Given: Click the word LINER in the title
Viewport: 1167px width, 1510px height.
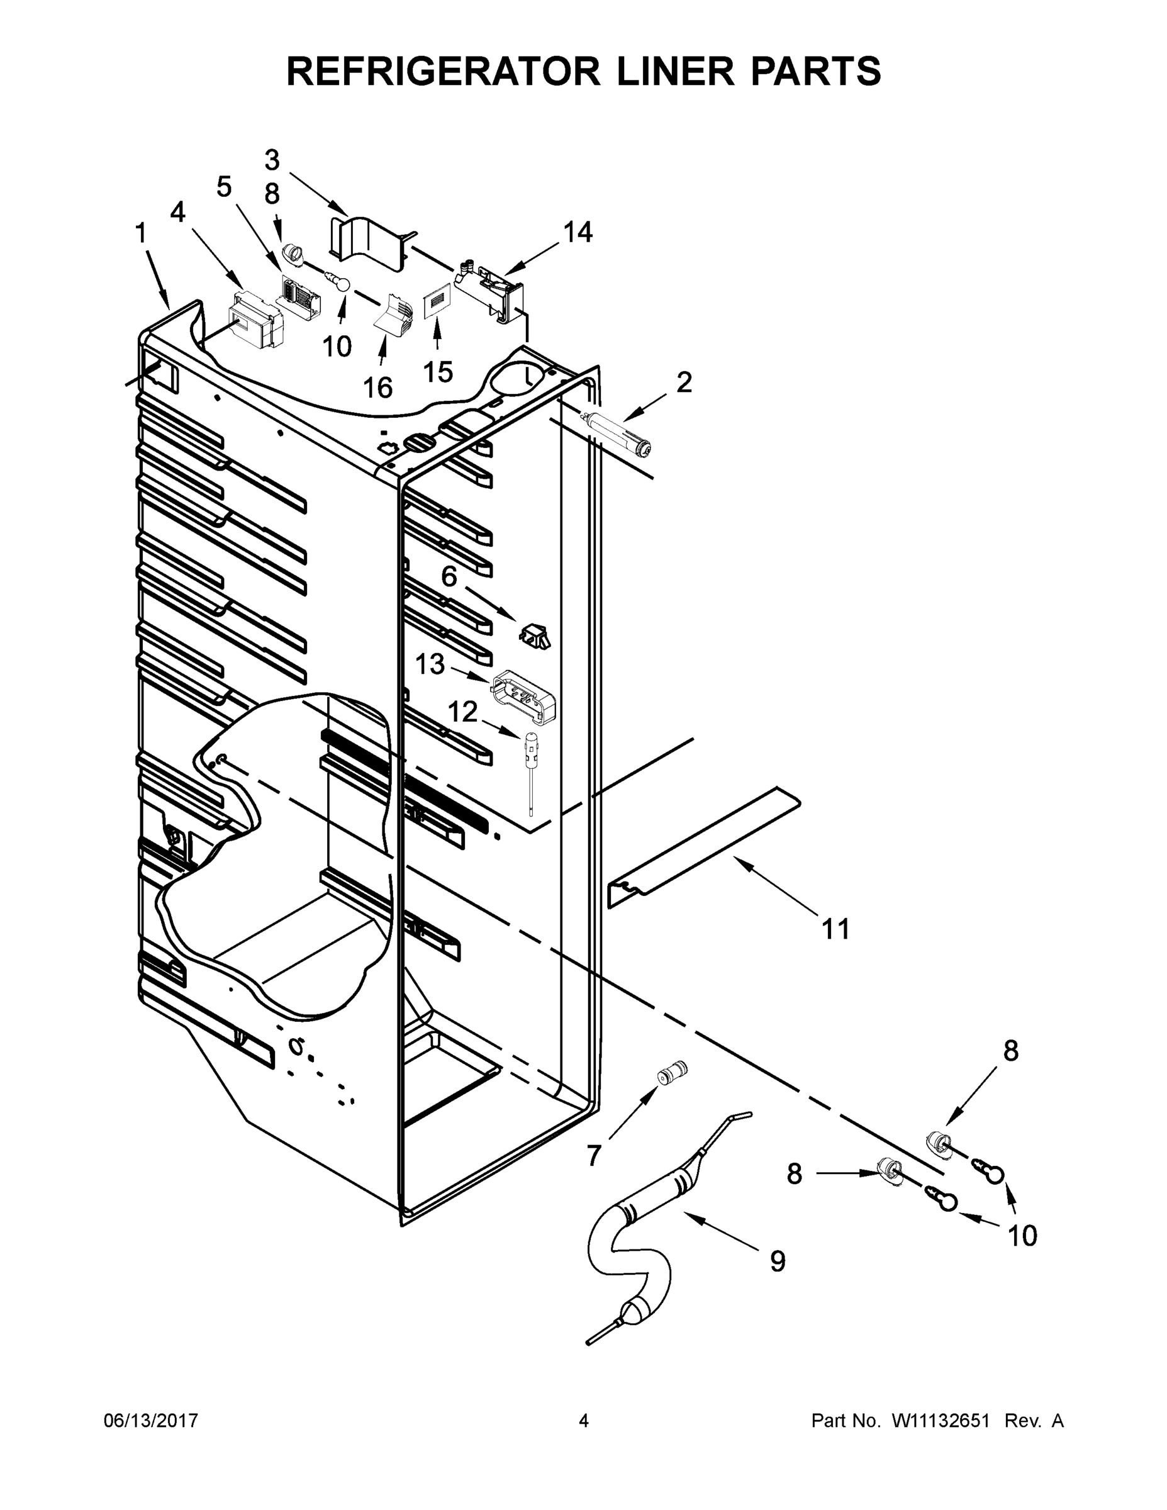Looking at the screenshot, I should (x=675, y=71).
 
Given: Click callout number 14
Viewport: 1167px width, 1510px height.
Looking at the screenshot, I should (x=578, y=232).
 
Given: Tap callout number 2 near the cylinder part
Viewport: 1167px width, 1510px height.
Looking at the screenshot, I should (x=683, y=382).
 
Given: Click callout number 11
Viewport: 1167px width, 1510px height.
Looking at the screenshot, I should (x=835, y=929).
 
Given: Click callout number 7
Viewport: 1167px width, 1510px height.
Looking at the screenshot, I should (x=593, y=1155).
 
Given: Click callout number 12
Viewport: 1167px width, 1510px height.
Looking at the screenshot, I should (x=463, y=712).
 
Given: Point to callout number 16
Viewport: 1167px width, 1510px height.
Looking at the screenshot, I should (x=378, y=388).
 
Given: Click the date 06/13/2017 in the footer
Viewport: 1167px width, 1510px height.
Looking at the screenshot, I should (x=151, y=1421).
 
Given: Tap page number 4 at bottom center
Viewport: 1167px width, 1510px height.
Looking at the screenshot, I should (x=584, y=1421).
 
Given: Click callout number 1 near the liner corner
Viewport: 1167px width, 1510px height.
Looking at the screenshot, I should (x=140, y=233).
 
